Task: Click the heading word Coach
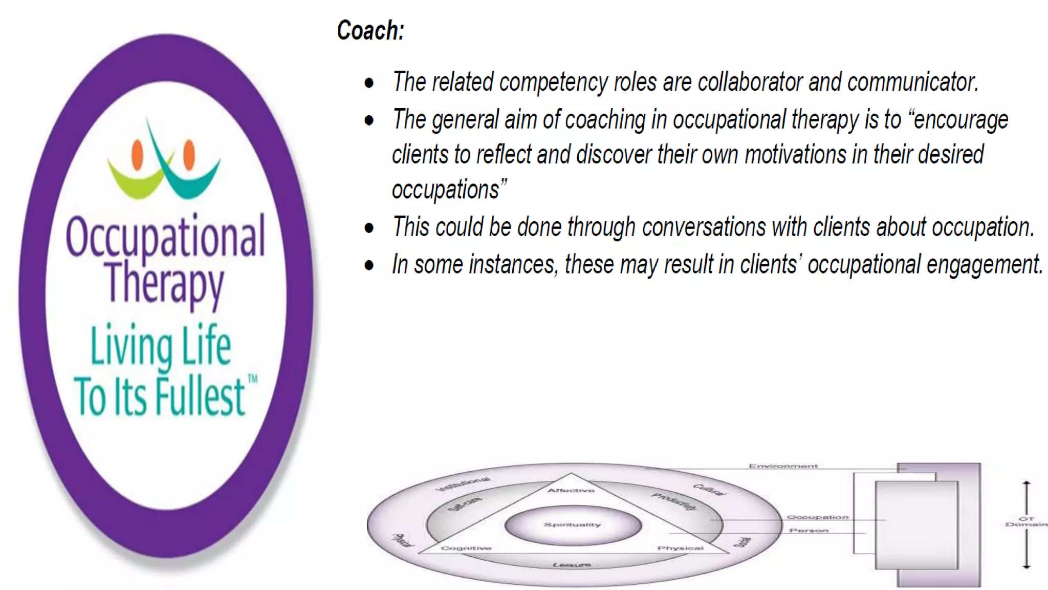click(370, 31)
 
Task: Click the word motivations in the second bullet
click(795, 155)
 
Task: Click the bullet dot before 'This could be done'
click(369, 228)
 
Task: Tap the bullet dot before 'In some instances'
click(369, 265)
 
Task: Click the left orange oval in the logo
click(137, 154)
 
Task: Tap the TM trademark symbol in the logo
click(253, 380)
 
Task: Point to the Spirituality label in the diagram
click(572, 525)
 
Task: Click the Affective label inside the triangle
click(571, 491)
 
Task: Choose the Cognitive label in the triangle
click(466, 549)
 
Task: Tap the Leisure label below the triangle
click(572, 565)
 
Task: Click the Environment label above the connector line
click(783, 466)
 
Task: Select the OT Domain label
click(1025, 521)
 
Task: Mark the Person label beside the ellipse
click(809, 531)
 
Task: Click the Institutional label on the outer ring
click(463, 484)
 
